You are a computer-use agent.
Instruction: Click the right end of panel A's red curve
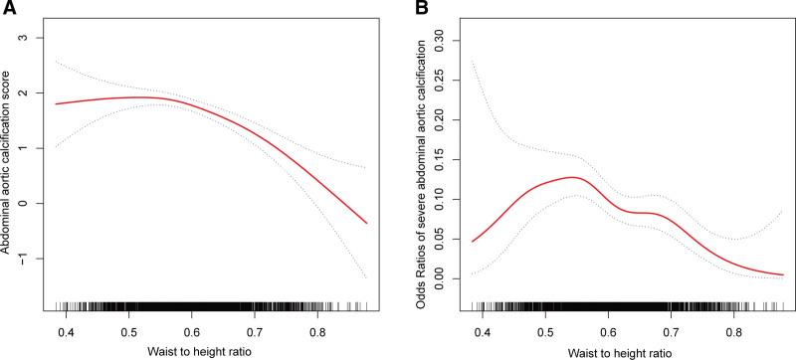pyautogui.click(x=367, y=224)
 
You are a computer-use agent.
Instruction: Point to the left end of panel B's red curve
pyautogui.click(x=473, y=242)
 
